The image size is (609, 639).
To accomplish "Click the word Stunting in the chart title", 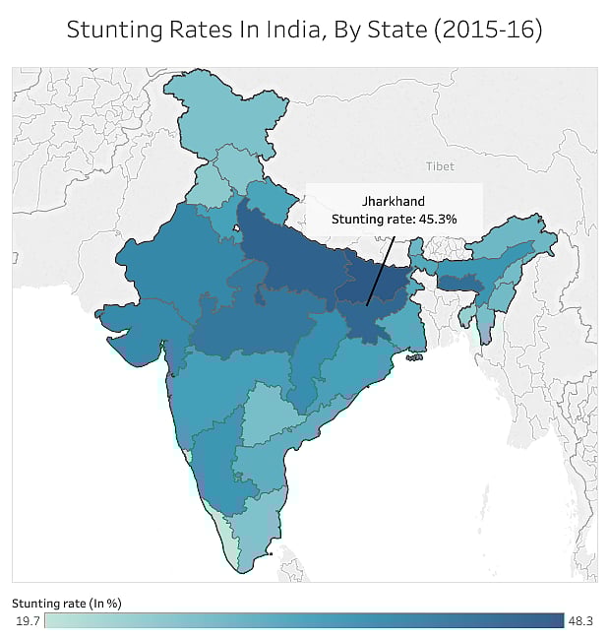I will (110, 31).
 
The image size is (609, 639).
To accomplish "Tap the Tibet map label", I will (441, 166).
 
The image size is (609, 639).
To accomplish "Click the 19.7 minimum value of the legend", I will (27, 620).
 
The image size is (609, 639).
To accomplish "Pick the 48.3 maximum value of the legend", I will (579, 620).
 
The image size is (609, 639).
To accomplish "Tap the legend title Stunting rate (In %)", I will (66, 602).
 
